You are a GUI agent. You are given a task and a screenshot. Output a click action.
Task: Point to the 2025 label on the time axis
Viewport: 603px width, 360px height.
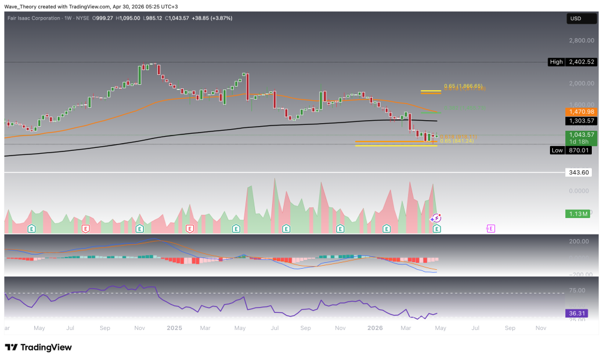[174, 328]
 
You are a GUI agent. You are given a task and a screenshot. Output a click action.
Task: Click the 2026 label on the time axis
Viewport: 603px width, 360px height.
[375, 328]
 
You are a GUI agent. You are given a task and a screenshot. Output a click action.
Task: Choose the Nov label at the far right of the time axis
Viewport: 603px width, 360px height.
[540, 328]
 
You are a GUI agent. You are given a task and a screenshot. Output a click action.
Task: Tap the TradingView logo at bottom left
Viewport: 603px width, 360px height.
[38, 347]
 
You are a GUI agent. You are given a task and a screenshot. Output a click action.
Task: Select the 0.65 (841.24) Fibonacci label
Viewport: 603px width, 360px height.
[456, 141]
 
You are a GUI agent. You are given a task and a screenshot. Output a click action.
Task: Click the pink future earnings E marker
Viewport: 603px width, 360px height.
[491, 228]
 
